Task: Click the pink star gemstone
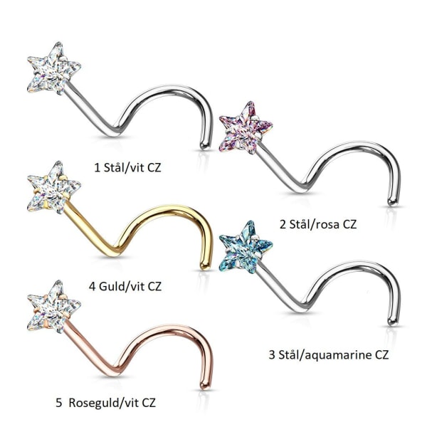click(x=246, y=127)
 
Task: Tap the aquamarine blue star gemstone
click(x=246, y=247)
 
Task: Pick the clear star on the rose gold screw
click(x=54, y=307)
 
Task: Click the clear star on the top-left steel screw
click(x=54, y=68)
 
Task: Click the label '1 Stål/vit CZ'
click(x=127, y=167)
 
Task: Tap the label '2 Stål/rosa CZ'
click(x=318, y=224)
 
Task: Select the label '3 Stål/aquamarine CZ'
click(x=328, y=354)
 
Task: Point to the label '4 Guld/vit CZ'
click(x=125, y=286)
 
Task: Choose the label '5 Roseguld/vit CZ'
click(x=105, y=403)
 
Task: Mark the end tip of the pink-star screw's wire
click(x=393, y=202)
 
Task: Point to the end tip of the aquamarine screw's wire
click(x=393, y=322)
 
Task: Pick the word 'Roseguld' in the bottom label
click(x=95, y=403)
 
